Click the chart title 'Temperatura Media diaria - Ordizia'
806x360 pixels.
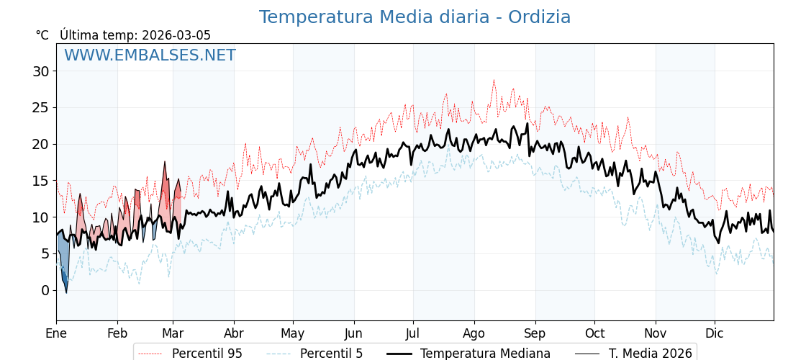(x=415, y=17)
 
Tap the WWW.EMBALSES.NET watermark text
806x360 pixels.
(x=150, y=55)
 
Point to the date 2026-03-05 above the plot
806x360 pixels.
(x=176, y=35)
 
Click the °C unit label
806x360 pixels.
(x=42, y=35)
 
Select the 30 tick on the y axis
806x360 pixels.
(x=40, y=71)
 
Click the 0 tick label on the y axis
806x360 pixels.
(x=45, y=290)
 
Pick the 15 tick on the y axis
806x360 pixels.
(x=40, y=181)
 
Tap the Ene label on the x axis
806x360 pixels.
(x=56, y=333)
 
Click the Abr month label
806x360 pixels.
(x=234, y=333)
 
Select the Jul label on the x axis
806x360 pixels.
(x=413, y=333)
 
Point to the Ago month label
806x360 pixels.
(x=474, y=333)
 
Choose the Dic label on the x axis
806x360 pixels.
(x=715, y=333)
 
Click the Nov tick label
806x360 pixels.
(x=656, y=333)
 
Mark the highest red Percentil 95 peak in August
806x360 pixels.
(x=494, y=81)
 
